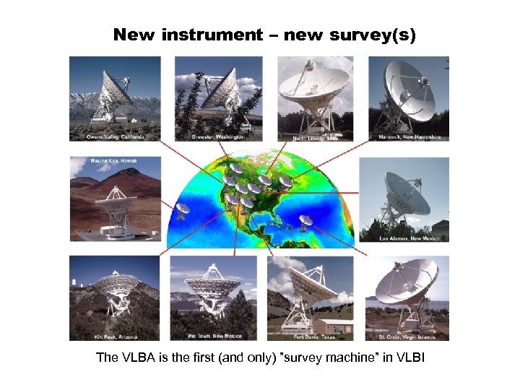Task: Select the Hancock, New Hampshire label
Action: [409, 136]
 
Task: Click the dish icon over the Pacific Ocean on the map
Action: [183, 209]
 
